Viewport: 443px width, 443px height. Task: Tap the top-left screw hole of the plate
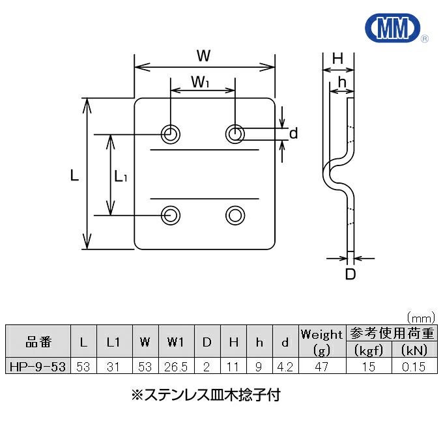tap(171, 134)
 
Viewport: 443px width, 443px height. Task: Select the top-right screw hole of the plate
tap(235, 134)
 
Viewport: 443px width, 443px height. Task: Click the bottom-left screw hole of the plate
tap(171, 214)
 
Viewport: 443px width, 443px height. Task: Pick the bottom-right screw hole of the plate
tap(235, 214)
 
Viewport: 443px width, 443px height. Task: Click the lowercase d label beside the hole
tap(293, 134)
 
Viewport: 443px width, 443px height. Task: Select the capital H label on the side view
tap(337, 59)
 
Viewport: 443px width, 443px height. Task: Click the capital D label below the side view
tap(350, 274)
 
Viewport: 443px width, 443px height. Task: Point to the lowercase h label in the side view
tap(341, 83)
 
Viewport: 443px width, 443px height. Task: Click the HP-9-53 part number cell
tap(37, 367)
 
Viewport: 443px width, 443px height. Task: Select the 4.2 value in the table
tap(285, 367)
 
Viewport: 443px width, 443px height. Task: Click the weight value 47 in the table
tap(321, 367)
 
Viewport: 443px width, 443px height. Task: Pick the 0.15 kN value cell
tap(414, 367)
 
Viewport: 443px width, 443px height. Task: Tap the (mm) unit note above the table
tap(420, 318)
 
